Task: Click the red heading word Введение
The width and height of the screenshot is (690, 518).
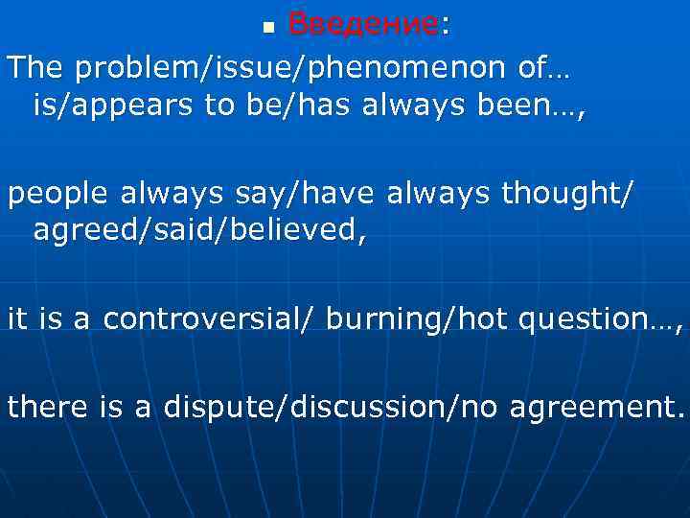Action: point(363,24)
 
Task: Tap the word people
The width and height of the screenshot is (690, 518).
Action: point(60,195)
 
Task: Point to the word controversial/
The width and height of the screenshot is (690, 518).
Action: point(208,318)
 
